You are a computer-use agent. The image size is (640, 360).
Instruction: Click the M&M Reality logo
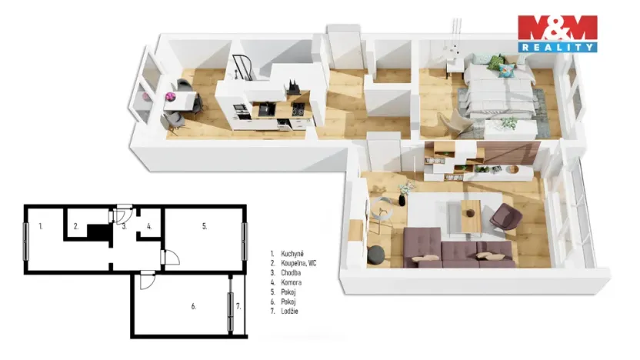(x=558, y=34)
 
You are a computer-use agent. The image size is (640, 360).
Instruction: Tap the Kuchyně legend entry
(x=288, y=254)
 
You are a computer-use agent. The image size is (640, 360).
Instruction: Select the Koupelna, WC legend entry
(x=293, y=263)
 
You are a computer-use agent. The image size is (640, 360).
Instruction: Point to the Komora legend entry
(x=286, y=282)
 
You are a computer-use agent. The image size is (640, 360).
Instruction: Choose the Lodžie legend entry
(x=285, y=311)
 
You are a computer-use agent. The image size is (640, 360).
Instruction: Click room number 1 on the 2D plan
(x=41, y=225)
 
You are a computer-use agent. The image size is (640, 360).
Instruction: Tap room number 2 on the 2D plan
(x=76, y=226)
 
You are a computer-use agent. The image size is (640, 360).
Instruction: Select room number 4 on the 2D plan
(x=149, y=226)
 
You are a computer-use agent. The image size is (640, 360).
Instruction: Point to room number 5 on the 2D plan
(x=205, y=226)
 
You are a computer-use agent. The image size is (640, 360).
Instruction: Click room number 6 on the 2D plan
(x=194, y=306)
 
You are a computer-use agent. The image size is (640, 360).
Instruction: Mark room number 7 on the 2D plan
(x=238, y=306)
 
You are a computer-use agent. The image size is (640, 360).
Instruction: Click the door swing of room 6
(x=147, y=281)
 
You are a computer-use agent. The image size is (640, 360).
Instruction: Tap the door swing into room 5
(x=171, y=258)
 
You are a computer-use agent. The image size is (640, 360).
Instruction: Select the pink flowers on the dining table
(x=170, y=97)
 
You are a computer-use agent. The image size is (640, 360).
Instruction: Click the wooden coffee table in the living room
(x=472, y=215)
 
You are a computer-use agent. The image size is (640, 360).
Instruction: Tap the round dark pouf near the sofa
(x=376, y=255)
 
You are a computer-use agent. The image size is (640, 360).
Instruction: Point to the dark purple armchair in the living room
(x=505, y=216)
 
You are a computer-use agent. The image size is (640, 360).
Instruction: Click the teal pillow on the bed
(x=506, y=70)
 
